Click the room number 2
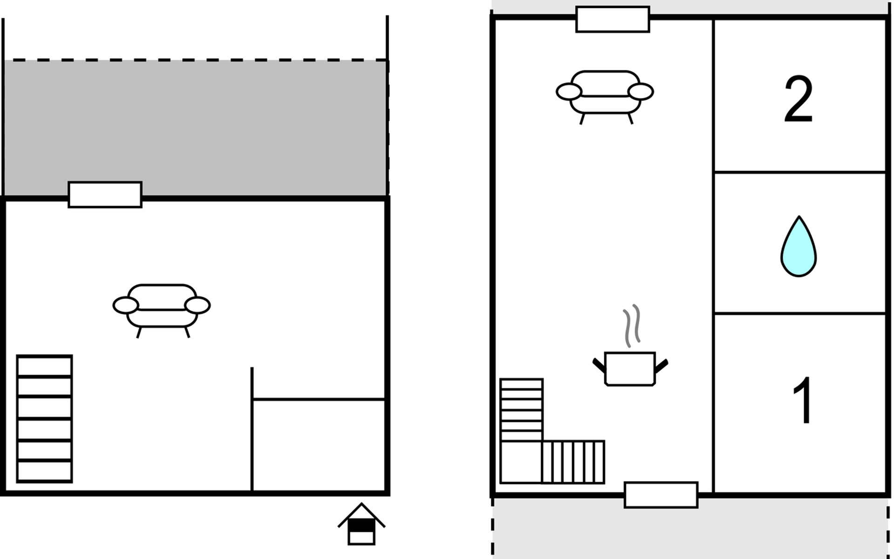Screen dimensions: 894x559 coord(798,99)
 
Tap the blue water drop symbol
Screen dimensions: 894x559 coord(799,247)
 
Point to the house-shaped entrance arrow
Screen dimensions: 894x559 coord(361,524)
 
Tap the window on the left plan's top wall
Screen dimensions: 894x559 coord(105,195)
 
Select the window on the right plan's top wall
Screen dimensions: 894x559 coord(613,19)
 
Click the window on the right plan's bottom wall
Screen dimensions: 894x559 coord(661,495)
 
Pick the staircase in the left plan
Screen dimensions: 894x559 coord(45,419)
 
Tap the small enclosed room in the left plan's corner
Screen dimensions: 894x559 coord(319,445)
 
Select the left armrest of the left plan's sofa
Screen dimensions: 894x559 coord(126,306)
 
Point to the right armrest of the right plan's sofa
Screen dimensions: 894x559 coord(641,92)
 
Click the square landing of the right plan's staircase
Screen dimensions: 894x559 coord(521,462)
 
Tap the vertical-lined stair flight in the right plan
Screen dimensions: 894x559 coord(574,462)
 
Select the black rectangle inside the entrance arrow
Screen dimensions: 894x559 coord(361,525)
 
